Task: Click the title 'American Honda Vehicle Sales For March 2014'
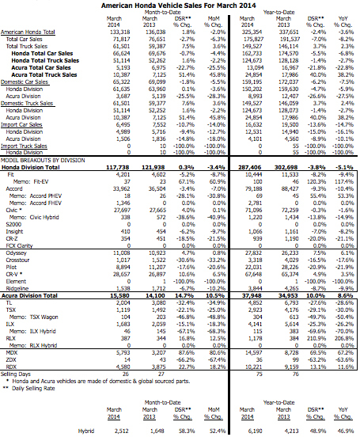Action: coord(181,6)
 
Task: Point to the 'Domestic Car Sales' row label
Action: coord(25,81)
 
